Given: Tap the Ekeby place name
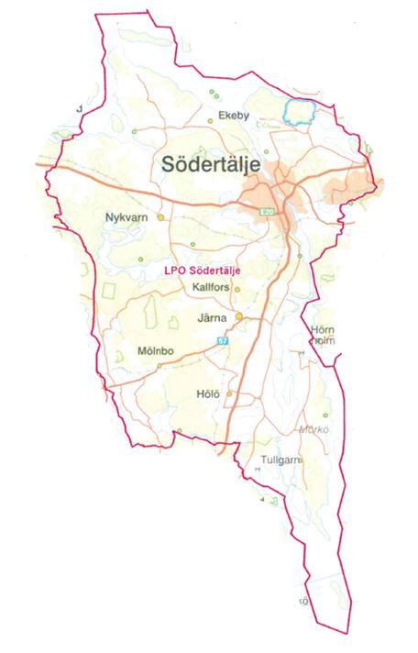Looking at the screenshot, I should [234, 116].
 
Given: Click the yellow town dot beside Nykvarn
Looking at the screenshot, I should [160, 217].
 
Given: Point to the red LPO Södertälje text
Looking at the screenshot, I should [201, 271].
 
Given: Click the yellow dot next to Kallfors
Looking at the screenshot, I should [236, 289].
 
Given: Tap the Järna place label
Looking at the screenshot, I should [214, 317].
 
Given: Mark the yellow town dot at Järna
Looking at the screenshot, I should [239, 317].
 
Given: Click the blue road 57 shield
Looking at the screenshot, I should [223, 340].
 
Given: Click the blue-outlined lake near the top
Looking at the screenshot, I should [299, 112].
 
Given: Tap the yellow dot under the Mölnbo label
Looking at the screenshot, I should [159, 365].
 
